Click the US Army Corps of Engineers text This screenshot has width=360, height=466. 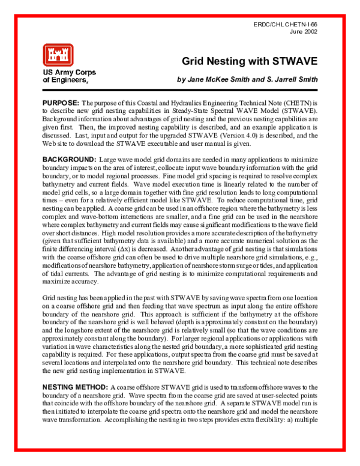click(x=69, y=76)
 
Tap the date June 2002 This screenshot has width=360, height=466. click(x=304, y=31)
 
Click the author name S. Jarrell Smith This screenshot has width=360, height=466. click(x=290, y=79)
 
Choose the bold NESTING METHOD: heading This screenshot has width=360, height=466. click(x=77, y=388)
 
